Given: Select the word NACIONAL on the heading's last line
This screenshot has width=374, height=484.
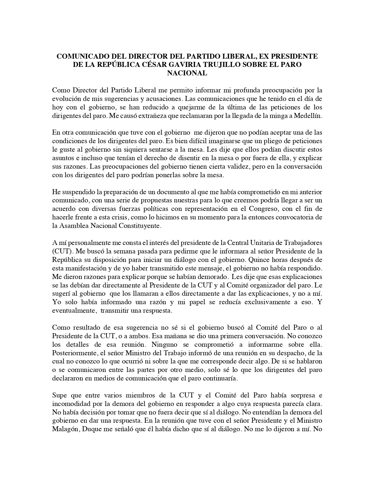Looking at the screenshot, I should point(187,73).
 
